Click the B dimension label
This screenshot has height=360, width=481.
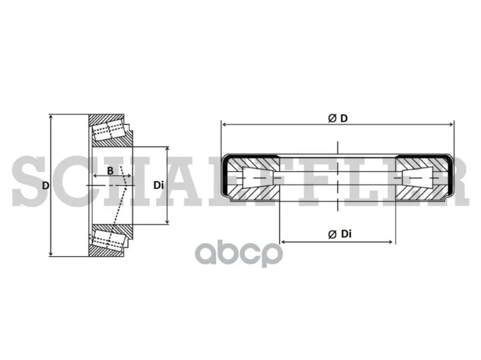click(110, 171)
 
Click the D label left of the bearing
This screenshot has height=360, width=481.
click(46, 186)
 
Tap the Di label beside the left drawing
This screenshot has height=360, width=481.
click(159, 185)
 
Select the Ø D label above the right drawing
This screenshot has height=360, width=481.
click(338, 118)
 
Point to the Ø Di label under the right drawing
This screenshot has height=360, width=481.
click(340, 234)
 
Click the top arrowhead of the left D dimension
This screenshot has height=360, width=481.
click(51, 118)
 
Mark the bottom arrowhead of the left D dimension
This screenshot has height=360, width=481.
click(51, 253)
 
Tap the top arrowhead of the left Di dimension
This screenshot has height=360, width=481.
click(167, 150)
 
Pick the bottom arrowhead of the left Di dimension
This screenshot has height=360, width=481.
click(167, 221)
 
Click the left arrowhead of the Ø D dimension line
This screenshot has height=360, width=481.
click(224, 124)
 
